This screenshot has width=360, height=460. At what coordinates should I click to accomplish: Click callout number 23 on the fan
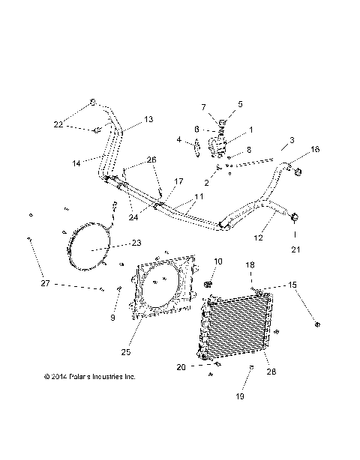[135, 242]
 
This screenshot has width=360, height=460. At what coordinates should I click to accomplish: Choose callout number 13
[148, 119]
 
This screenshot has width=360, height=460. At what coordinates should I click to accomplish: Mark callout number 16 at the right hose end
[314, 150]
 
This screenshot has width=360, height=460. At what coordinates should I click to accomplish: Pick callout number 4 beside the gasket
[179, 139]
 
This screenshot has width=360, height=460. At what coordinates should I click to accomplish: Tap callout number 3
[292, 140]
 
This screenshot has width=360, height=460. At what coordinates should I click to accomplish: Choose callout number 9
[113, 318]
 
